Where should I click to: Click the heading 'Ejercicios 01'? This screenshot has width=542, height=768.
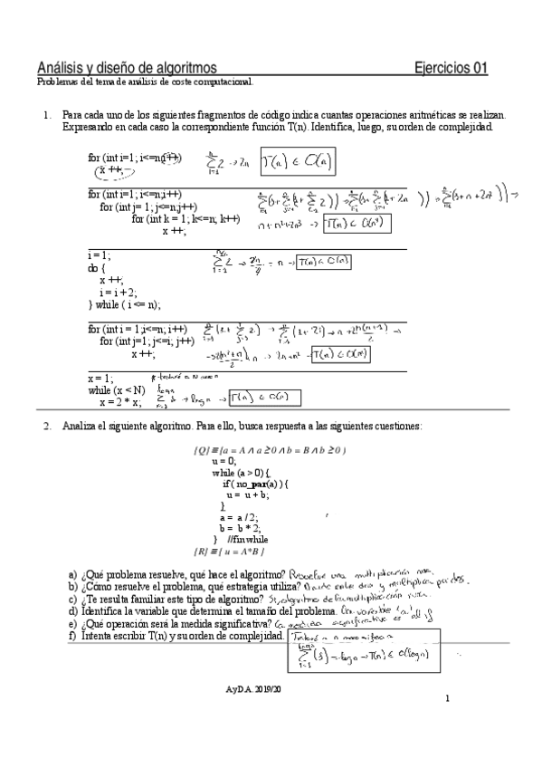pos(450,68)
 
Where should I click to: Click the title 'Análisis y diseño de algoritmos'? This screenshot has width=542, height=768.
pos(127,68)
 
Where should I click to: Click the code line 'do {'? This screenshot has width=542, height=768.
pos(96,269)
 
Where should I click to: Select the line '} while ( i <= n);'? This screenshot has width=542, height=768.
pos(124,304)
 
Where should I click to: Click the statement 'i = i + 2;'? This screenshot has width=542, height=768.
pos(120,293)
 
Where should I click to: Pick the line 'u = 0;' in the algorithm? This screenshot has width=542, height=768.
pos(223,461)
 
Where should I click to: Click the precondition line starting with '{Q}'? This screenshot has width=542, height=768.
pos(270,450)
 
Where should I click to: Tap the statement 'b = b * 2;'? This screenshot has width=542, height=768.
pos(238,528)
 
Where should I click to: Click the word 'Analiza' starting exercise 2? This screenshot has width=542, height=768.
pos(80,426)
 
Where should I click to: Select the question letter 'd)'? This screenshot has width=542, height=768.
pos(72,612)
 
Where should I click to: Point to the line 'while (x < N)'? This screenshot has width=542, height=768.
pos(116,389)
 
